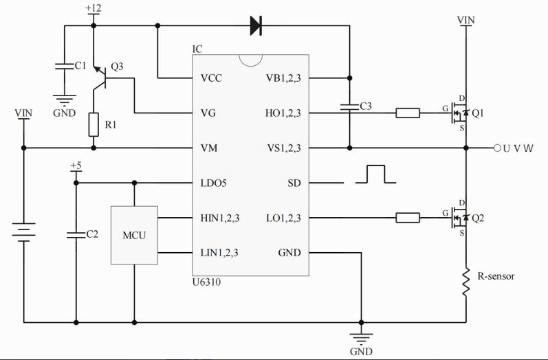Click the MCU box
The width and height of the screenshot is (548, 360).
(134, 235)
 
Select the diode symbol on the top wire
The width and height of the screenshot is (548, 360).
(256, 26)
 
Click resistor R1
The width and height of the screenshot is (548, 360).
(94, 124)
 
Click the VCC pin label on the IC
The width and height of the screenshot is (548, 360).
(211, 78)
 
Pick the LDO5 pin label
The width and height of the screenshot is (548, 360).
(214, 183)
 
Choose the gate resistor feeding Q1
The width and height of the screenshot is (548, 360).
(408, 113)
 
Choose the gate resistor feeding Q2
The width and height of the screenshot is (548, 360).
(408, 218)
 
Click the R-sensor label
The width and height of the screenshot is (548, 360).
(496, 276)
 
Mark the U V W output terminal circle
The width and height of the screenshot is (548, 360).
(496, 148)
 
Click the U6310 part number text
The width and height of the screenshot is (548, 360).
(206, 282)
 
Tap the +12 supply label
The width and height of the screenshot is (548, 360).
(94, 8)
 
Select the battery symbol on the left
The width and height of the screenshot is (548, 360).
(24, 234)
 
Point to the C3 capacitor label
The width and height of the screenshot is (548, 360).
(366, 106)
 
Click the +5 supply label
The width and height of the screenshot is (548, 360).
(76, 166)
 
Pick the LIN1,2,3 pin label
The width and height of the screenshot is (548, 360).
(219, 253)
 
